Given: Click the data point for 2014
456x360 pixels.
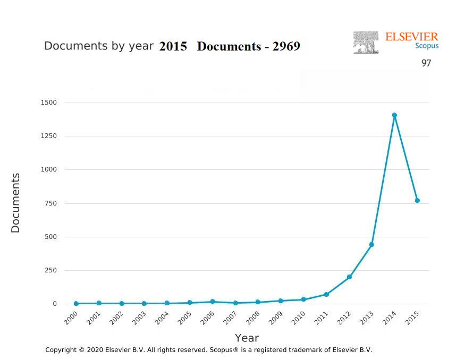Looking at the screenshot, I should click(x=394, y=115).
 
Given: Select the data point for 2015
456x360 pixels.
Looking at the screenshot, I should click(x=417, y=201).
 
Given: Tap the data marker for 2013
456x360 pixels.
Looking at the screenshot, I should click(x=372, y=245).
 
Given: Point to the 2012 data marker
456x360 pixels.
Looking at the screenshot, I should click(x=349, y=277).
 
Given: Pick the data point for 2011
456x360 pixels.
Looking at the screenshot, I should click(x=326, y=294).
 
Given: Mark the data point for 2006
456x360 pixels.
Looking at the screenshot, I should click(x=213, y=302).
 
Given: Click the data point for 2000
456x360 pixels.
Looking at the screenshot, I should click(x=76, y=304).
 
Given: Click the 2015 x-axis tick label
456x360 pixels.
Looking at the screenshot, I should click(x=413, y=319).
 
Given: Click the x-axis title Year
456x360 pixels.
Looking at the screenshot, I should click(x=247, y=338).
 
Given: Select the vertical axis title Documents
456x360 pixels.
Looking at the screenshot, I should click(x=15, y=203).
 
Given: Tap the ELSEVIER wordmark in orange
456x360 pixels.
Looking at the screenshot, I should click(x=412, y=37).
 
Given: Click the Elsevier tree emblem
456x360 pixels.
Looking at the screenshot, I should click(x=366, y=42).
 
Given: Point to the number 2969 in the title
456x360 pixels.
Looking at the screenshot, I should click(x=286, y=46).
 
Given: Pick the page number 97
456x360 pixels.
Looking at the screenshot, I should click(x=426, y=63).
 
